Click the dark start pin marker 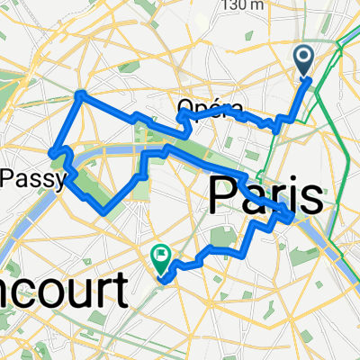304,61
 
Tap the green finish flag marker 161,258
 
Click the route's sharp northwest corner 80,94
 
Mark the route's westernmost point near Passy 52,151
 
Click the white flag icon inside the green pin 161,256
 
